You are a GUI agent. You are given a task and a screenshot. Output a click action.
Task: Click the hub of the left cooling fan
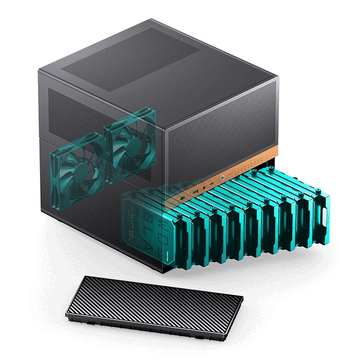click(79, 166)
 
